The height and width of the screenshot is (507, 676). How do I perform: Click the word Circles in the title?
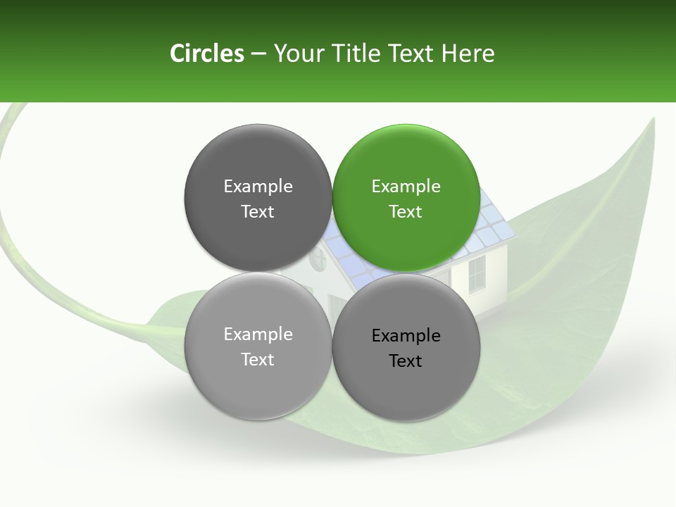click(x=207, y=54)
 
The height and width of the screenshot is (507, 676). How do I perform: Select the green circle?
click(x=406, y=198)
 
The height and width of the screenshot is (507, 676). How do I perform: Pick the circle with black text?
click(x=406, y=347)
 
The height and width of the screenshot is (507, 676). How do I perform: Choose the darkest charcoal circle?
click(x=258, y=198)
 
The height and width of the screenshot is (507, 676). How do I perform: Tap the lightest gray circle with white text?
click(x=258, y=346)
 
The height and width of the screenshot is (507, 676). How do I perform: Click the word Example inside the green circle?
click(x=406, y=186)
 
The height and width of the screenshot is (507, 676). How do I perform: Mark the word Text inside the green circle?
click(x=406, y=211)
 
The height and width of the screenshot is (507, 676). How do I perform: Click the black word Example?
click(x=406, y=335)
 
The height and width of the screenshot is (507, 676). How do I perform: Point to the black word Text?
click(x=406, y=361)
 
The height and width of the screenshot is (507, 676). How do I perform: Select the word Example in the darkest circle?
click(x=258, y=186)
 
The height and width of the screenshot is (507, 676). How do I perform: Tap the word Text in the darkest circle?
click(x=258, y=211)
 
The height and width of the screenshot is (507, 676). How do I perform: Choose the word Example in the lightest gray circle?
click(x=258, y=334)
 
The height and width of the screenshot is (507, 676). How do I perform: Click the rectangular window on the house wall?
click(x=477, y=274)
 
